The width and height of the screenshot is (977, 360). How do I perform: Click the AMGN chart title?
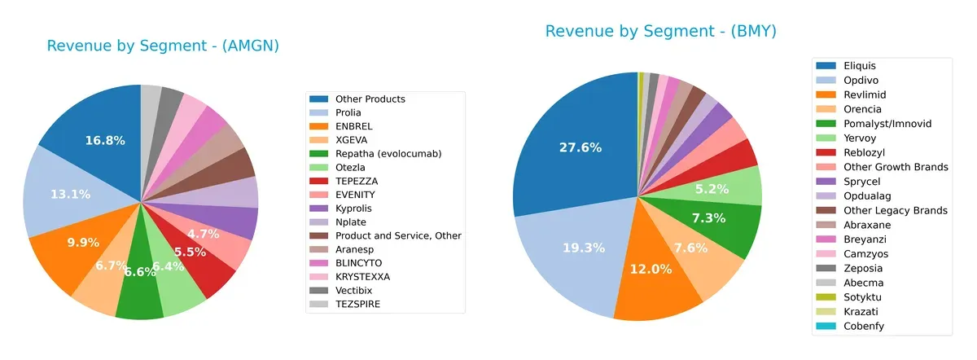click(x=163, y=46)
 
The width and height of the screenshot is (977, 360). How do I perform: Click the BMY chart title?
click(x=660, y=32)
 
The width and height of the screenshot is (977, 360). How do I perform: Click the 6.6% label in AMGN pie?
click(x=140, y=271)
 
